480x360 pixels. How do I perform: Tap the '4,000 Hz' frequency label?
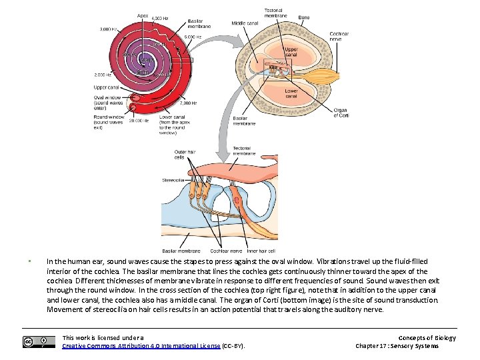161,18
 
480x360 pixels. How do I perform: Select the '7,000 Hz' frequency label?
189,103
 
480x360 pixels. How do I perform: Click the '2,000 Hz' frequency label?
104,75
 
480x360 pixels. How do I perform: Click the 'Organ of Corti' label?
340,113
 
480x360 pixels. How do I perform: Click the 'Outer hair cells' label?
183,155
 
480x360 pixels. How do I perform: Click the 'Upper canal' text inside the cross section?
291,52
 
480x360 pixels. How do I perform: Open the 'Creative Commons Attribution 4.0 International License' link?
141,346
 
